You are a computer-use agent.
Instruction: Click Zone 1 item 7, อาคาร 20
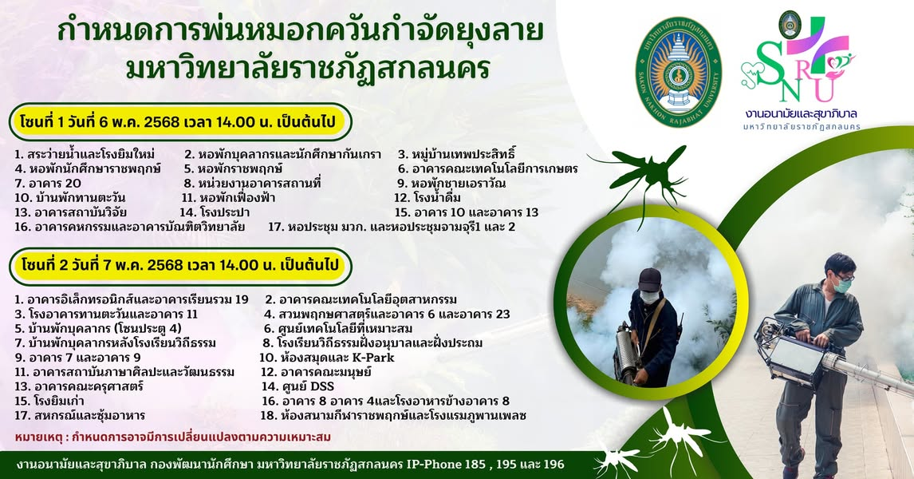[x=48, y=184]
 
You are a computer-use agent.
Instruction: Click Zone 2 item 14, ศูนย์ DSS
[x=297, y=387]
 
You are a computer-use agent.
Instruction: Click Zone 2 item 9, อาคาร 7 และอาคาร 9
[x=77, y=358]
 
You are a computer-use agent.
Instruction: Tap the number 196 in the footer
[x=554, y=465]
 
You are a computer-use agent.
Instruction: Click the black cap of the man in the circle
[x=649, y=279]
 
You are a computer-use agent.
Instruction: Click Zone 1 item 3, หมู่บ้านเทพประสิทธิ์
[x=457, y=155]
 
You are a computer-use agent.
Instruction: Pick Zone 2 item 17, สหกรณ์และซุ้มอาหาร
[x=80, y=416]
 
